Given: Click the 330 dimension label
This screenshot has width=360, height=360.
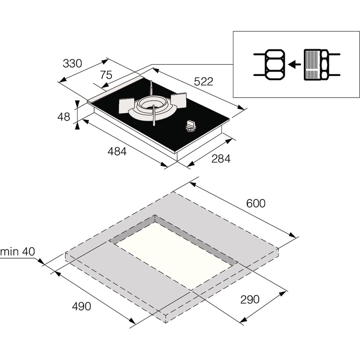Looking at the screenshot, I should (x=72, y=63).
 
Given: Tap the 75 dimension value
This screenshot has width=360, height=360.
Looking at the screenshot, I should (x=106, y=75).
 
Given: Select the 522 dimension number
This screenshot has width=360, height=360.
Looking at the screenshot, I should (x=204, y=81).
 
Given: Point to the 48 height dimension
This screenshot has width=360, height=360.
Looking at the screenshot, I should (x=64, y=117).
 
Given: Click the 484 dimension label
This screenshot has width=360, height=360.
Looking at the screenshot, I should (x=117, y=152).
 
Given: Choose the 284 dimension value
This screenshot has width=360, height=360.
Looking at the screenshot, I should (x=221, y=158).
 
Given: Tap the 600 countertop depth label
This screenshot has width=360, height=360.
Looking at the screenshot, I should (x=256, y=203).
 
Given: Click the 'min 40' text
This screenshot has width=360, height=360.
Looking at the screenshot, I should (x=18, y=252).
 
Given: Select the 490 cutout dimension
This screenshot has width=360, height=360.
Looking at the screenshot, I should (x=81, y=306).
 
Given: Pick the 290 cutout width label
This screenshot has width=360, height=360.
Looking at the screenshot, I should (x=250, y=299).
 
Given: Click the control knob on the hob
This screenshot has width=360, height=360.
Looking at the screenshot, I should (x=191, y=126).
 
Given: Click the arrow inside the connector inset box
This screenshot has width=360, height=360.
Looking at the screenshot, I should (x=295, y=64).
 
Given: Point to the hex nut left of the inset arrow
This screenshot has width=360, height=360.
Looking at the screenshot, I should (x=275, y=64).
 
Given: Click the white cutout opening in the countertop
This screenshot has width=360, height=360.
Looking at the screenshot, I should (x=173, y=254).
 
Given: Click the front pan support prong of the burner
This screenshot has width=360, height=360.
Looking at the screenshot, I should (x=154, y=116).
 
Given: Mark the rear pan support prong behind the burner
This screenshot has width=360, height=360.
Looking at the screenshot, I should (x=151, y=87).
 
